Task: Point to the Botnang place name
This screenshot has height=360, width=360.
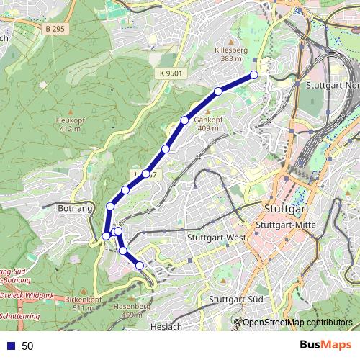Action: (74, 207)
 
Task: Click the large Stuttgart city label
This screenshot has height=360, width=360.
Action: (287, 210)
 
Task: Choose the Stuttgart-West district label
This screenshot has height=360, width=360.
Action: (216, 238)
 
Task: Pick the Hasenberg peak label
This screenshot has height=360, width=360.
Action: (119, 310)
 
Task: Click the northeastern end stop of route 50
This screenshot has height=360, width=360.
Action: (254, 75)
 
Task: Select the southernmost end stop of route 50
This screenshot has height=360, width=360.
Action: (140, 266)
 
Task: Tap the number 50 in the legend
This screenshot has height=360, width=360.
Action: (27, 346)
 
